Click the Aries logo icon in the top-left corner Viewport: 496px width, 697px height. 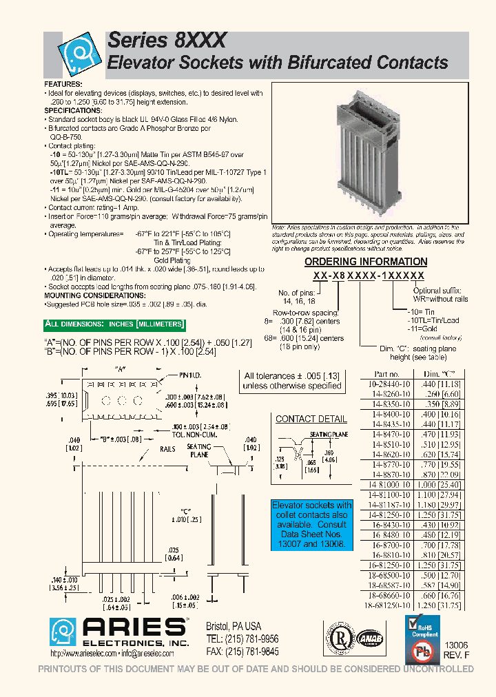[x=76, y=56]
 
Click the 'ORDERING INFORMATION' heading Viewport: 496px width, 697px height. [x=366, y=262]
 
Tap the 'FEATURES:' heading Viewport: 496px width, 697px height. [x=64, y=84]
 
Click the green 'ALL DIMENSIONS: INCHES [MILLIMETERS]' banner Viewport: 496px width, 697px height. [x=114, y=324]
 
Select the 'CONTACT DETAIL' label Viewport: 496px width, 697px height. [x=311, y=419]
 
